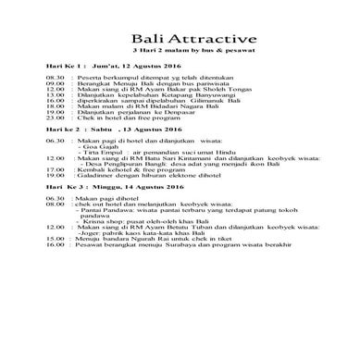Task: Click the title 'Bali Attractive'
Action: click(x=191, y=39)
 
